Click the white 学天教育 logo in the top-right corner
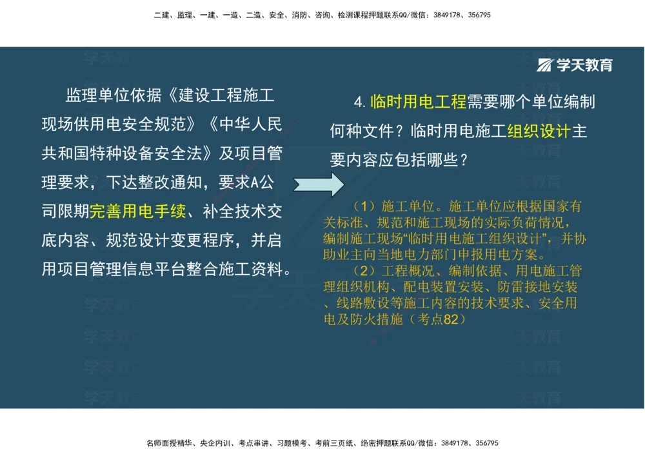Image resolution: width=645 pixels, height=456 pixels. coord(575,64)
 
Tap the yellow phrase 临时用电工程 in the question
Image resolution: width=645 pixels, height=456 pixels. coord(418,102)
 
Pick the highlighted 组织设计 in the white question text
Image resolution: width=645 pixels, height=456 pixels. coord(539,132)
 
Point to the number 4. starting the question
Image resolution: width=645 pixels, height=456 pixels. coord(359,103)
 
